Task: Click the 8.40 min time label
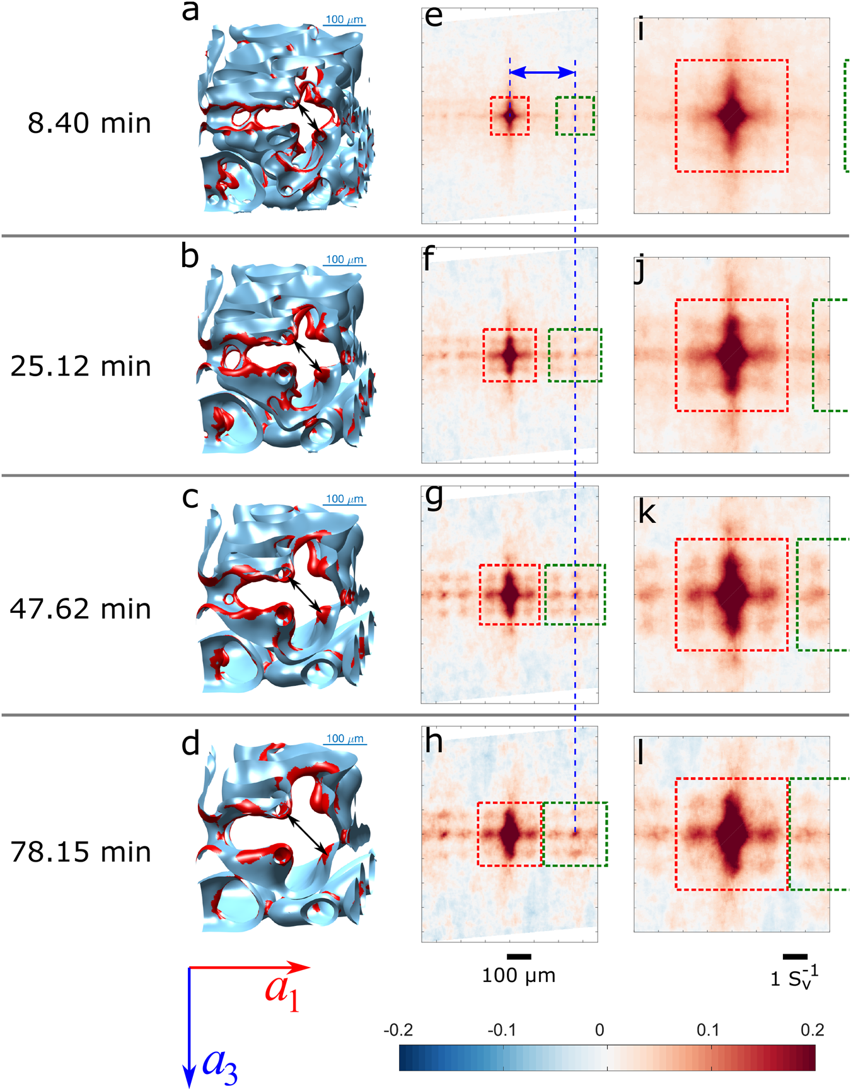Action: [x=90, y=123]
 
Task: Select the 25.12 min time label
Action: [x=81, y=367]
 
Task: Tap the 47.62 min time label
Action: [x=81, y=609]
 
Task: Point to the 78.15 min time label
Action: [x=81, y=852]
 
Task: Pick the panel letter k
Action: [x=647, y=513]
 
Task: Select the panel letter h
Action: [x=434, y=742]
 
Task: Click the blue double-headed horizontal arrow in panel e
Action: [x=542, y=73]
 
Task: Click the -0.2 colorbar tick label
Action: [x=398, y=1031]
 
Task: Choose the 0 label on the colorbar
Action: [x=599, y=1031]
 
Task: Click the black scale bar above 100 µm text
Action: [x=519, y=957]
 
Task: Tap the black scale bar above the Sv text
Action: [x=795, y=957]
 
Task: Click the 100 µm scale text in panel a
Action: [x=344, y=20]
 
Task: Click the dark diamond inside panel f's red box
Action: [x=509, y=355]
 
